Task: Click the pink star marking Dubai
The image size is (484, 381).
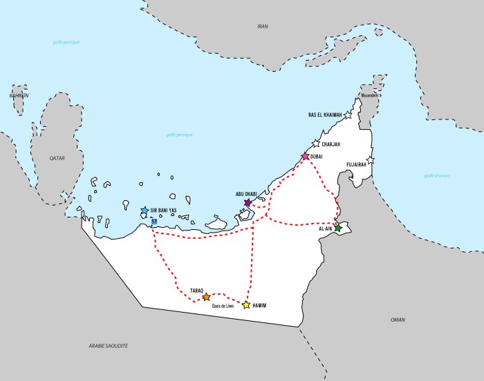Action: [x=305, y=157]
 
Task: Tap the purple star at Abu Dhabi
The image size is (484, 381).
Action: [x=248, y=203]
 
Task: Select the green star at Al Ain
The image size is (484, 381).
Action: [x=337, y=228]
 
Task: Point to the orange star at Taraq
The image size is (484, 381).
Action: [x=206, y=297]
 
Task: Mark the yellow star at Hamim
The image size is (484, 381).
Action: [x=246, y=304]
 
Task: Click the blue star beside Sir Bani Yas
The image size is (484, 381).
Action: [x=145, y=211]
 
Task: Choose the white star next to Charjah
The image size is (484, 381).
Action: [x=316, y=144]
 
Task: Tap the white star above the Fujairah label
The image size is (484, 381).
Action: [x=370, y=160]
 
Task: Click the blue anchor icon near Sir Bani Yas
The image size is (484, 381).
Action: [x=153, y=221]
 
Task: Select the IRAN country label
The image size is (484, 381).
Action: [x=262, y=26]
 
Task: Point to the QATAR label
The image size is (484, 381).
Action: [x=57, y=158]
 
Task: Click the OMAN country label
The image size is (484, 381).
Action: [x=398, y=320]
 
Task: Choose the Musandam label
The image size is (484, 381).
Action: [x=369, y=95]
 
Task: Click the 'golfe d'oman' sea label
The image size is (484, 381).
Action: [x=436, y=176]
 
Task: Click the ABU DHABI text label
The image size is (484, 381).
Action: [x=246, y=194]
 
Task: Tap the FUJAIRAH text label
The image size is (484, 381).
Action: [x=357, y=166]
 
